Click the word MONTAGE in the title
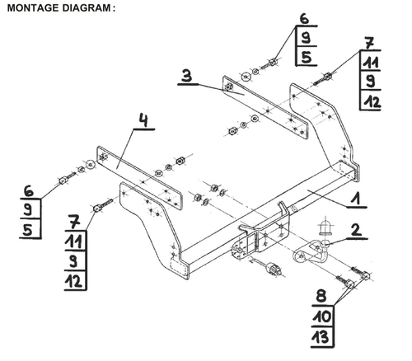pos(32,8)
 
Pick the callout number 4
pos(143,123)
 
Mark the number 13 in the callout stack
pos(321,336)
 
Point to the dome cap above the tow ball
pos(324,226)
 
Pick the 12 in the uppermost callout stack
pos(371,100)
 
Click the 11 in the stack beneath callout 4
pos(75,241)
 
